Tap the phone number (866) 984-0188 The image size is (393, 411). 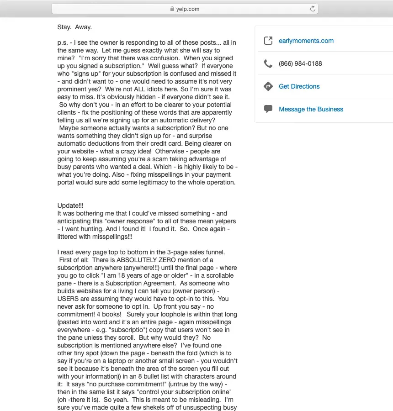click(x=300, y=63)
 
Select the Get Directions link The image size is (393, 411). click(x=299, y=86)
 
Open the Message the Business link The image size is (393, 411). click(x=311, y=109)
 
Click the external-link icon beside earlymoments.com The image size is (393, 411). click(x=268, y=41)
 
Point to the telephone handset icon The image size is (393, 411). click(x=268, y=63)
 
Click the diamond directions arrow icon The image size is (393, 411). click(x=268, y=86)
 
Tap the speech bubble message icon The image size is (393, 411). click(x=268, y=109)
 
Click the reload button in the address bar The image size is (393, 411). click(x=313, y=9)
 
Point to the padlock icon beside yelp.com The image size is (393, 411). click(x=172, y=9)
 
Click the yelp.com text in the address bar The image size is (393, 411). click(x=187, y=9)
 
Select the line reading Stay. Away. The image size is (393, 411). click(x=74, y=27)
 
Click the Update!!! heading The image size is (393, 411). click(x=70, y=205)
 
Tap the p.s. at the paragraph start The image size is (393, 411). click(x=63, y=42)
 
